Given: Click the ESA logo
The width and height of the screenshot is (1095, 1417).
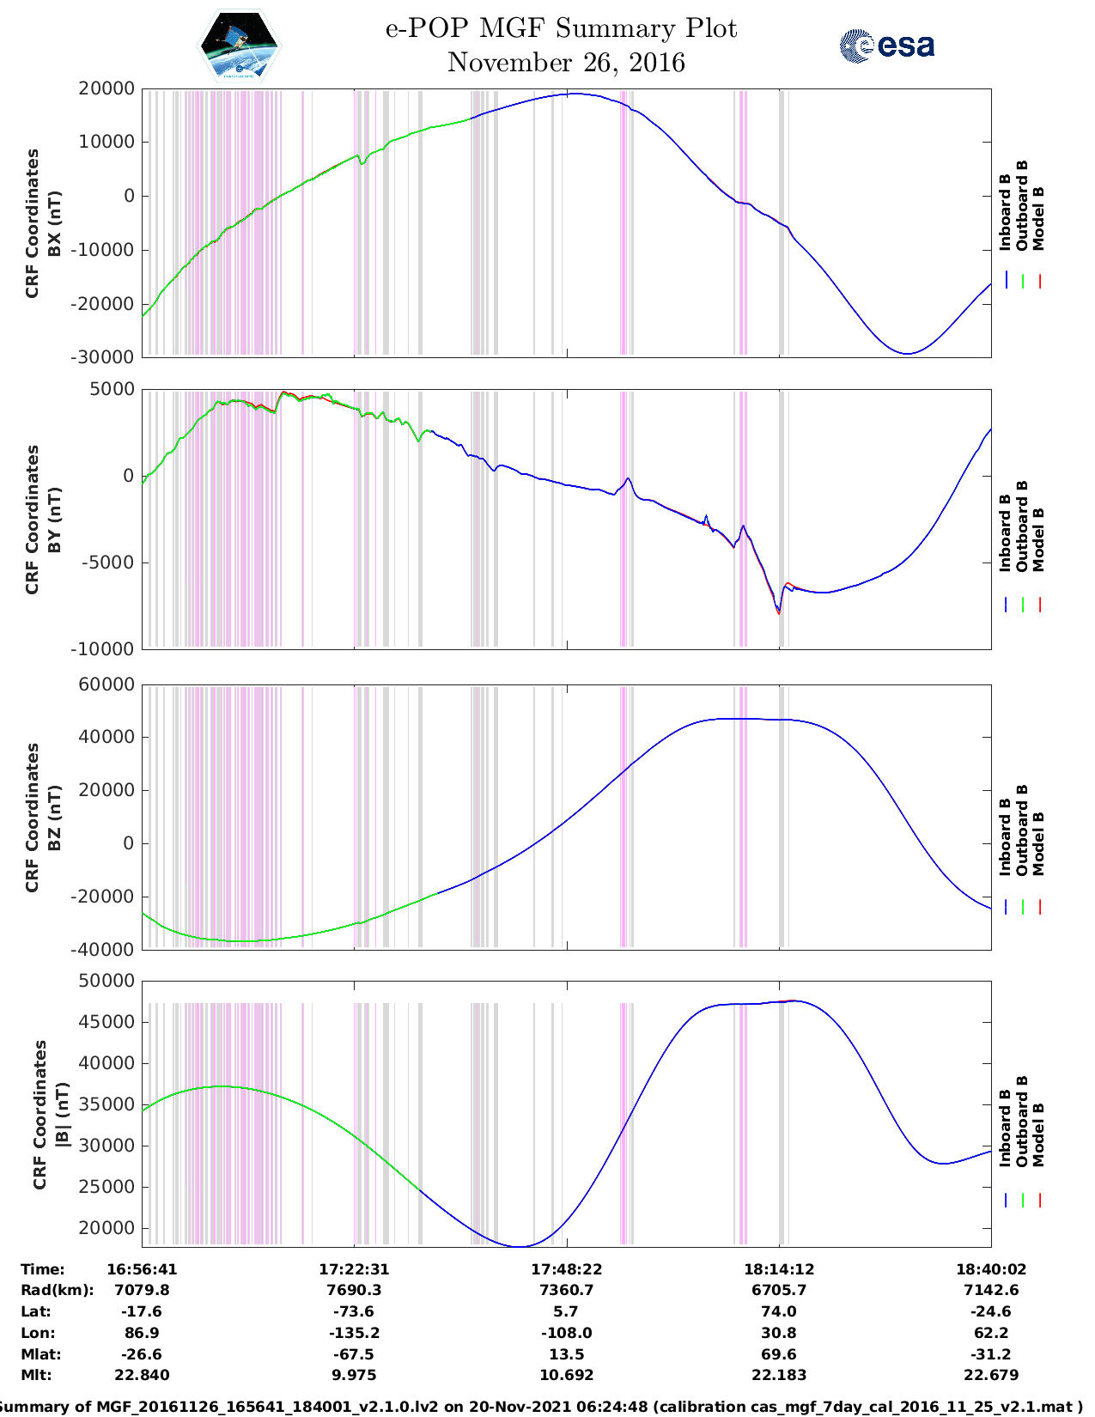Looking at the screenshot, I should [x=886, y=46].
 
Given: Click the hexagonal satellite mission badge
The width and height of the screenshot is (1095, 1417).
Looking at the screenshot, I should [x=240, y=46].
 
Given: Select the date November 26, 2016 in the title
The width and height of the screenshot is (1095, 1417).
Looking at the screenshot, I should [x=566, y=63].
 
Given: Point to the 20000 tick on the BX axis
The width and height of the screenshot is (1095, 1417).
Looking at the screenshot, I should [x=106, y=88].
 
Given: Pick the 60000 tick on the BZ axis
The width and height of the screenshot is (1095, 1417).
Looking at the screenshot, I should [x=106, y=684].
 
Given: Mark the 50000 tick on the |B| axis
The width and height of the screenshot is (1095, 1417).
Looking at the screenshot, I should [x=106, y=981].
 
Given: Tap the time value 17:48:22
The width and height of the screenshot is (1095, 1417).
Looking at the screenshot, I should [x=566, y=1268].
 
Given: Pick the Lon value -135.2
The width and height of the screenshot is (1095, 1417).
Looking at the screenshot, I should [x=354, y=1333].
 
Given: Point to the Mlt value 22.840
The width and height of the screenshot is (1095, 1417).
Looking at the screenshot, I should [x=142, y=1375].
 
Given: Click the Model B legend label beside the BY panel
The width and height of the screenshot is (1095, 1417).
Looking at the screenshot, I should [x=1037, y=539].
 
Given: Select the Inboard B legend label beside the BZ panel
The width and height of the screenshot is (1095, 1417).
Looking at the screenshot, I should [x=1005, y=836].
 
